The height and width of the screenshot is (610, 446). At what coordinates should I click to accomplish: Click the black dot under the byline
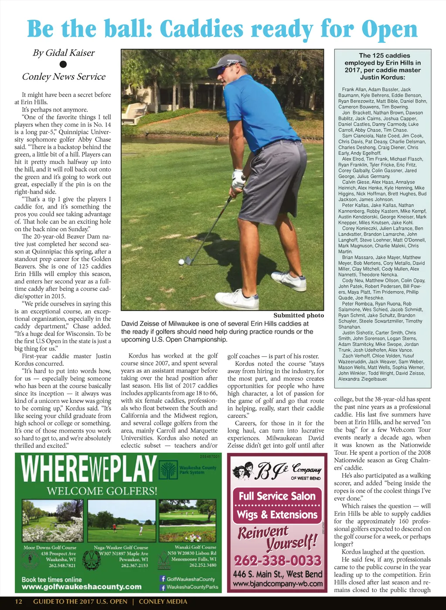pos(63,65)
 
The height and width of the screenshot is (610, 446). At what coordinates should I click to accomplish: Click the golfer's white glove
pos(238,179)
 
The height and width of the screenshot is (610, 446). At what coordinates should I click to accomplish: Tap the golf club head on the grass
pos(188,260)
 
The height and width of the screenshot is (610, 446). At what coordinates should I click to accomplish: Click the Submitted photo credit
pos(299,315)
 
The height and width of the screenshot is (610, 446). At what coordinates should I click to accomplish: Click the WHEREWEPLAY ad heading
pos(89,469)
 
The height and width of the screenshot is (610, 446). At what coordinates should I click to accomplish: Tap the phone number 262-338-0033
pos(277,560)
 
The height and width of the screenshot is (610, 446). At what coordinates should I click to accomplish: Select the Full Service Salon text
pos(277,496)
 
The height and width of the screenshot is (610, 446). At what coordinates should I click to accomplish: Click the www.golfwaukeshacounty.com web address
pos(82,587)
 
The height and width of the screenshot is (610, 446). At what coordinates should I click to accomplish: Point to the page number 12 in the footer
pos(19,602)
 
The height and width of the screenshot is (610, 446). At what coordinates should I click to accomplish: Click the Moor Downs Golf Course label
pos(50,547)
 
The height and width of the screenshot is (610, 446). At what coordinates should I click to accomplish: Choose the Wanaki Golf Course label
pos(195,547)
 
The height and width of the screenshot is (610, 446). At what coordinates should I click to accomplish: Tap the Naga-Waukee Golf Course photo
pos(122,521)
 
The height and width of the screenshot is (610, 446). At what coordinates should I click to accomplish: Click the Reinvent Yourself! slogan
pos(277,537)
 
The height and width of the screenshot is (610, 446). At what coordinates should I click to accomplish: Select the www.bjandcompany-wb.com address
pos(278,583)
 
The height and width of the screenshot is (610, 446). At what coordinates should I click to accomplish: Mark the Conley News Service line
pos(64,77)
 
